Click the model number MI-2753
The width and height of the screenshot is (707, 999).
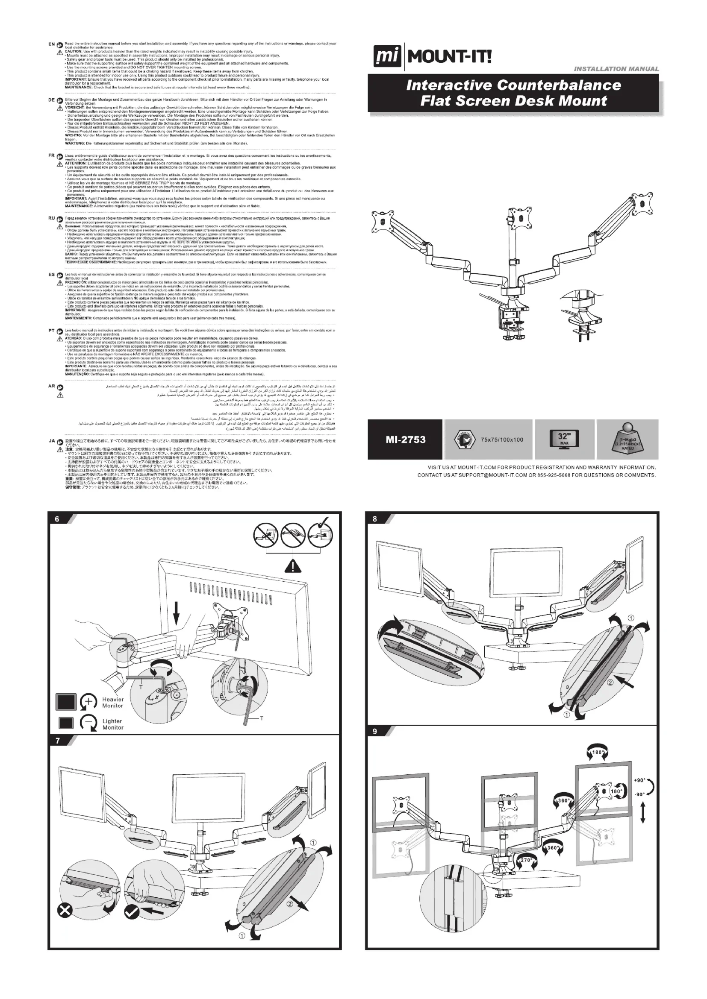405,439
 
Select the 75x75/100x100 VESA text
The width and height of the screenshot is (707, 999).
502,439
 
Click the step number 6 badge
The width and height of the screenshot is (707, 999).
57,519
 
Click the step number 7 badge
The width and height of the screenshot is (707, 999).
57,741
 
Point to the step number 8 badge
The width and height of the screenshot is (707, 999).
375,519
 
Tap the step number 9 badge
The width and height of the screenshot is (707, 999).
375,731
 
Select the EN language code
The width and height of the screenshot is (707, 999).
51,44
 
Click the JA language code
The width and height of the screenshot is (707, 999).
51,441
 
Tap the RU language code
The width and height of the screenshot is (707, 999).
51,218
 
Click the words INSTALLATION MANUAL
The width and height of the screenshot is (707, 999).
616,69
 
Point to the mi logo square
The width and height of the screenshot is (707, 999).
387,57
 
